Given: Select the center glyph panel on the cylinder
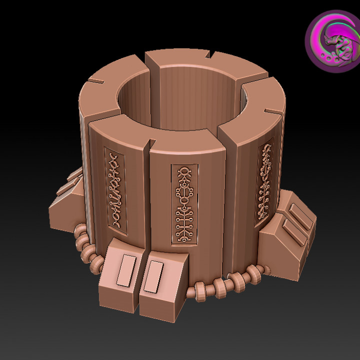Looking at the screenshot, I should tap(184, 203).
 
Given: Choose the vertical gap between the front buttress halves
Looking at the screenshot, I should tap(139, 280).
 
